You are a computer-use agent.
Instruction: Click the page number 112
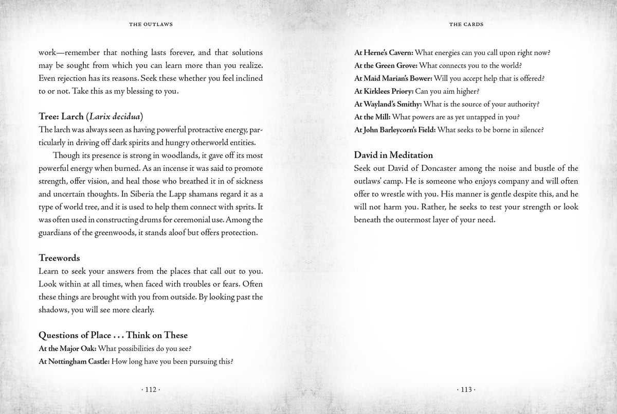click(151, 390)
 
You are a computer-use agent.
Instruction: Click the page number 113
click(466, 390)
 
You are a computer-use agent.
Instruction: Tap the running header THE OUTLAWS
click(151, 24)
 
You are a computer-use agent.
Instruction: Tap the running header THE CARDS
click(466, 24)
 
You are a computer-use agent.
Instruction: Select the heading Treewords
click(59, 257)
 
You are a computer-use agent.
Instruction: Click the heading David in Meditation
click(393, 154)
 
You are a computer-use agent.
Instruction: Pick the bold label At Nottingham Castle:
click(75, 361)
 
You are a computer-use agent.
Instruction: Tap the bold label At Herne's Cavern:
click(384, 53)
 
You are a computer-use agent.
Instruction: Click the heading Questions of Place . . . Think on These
click(113, 335)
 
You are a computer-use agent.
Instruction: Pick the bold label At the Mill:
click(371, 117)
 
